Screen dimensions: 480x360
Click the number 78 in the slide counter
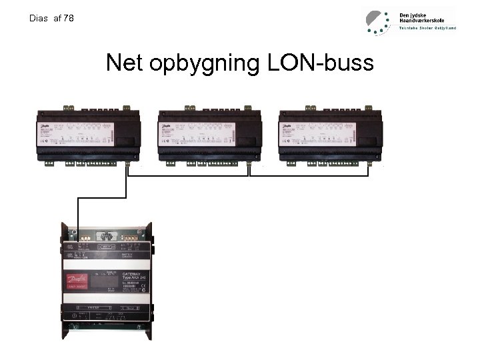point(68,19)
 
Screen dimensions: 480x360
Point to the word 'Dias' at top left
point(39,19)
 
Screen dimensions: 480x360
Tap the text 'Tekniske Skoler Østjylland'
point(427,29)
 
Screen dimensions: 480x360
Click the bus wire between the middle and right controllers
point(308,177)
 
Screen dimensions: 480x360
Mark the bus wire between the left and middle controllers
point(188,177)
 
